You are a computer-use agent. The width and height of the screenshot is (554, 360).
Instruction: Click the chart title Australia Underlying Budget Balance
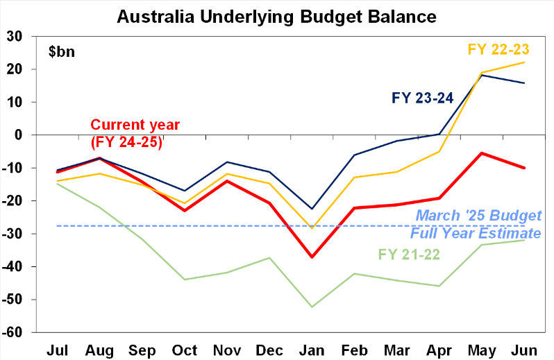click(x=277, y=15)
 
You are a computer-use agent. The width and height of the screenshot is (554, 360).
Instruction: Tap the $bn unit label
click(x=62, y=51)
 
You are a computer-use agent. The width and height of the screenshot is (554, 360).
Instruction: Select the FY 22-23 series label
click(x=498, y=49)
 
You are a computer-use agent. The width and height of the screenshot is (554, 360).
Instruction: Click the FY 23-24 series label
click(x=422, y=98)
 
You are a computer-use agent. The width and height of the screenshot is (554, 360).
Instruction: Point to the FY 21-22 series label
click(x=409, y=254)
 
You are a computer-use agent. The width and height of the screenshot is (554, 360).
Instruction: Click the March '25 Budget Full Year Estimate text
click(x=477, y=224)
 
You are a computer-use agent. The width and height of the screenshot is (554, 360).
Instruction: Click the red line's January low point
click(x=312, y=257)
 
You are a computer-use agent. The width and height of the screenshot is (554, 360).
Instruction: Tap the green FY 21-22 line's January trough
click(x=312, y=307)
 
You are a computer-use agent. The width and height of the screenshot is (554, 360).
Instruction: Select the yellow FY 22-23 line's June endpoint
click(x=524, y=62)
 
